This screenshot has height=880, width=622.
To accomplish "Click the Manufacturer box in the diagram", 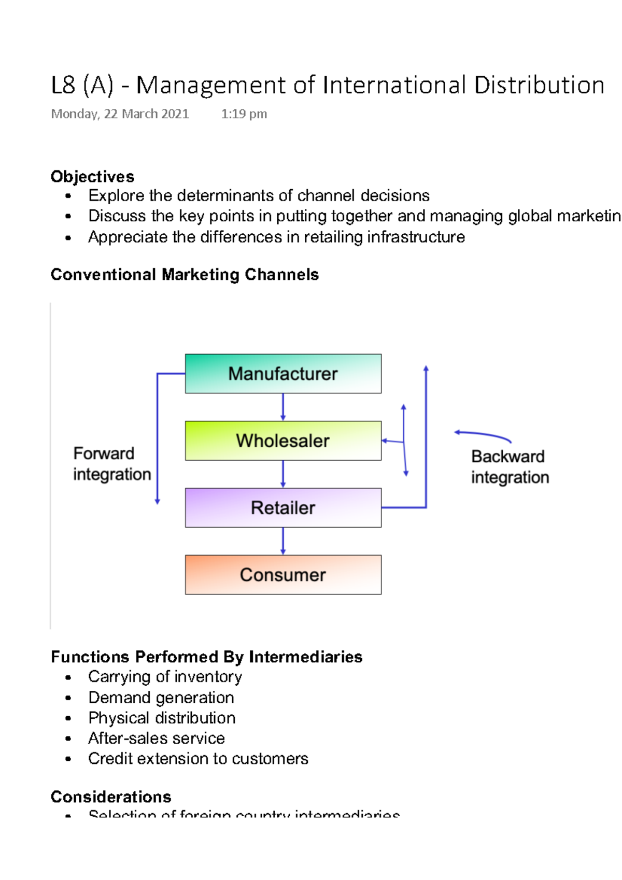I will pos(283,374).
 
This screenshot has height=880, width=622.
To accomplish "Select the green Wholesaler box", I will pos(283,441).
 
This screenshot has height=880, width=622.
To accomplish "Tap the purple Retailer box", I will pos(283,507).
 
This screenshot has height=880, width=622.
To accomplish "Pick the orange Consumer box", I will pos(283,574).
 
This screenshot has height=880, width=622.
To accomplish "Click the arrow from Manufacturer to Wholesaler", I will pos(283,407).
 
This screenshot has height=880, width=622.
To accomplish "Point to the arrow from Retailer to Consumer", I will pos(283,541).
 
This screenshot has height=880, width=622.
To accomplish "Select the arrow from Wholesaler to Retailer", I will pos(283,474).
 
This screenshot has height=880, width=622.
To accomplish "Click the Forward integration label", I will pos(111,464).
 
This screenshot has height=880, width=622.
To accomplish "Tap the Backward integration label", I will pos(510,467).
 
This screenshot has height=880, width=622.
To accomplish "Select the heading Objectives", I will pos(92,177).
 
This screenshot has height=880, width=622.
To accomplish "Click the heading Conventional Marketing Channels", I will pos(185,274).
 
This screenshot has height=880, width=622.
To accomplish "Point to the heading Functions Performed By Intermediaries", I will pos(206,657).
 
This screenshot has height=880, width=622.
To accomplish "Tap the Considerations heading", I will pos(111,797).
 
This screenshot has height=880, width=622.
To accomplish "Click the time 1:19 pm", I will pos(244,114).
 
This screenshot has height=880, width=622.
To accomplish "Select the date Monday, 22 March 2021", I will pos(120,114).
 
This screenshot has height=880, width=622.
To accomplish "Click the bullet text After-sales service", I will pos(157,738).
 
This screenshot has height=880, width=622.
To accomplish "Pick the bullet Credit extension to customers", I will pos(198,758).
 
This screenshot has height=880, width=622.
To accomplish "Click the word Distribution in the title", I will pos(539,86).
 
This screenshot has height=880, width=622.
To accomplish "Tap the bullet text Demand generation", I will pos(161,698).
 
